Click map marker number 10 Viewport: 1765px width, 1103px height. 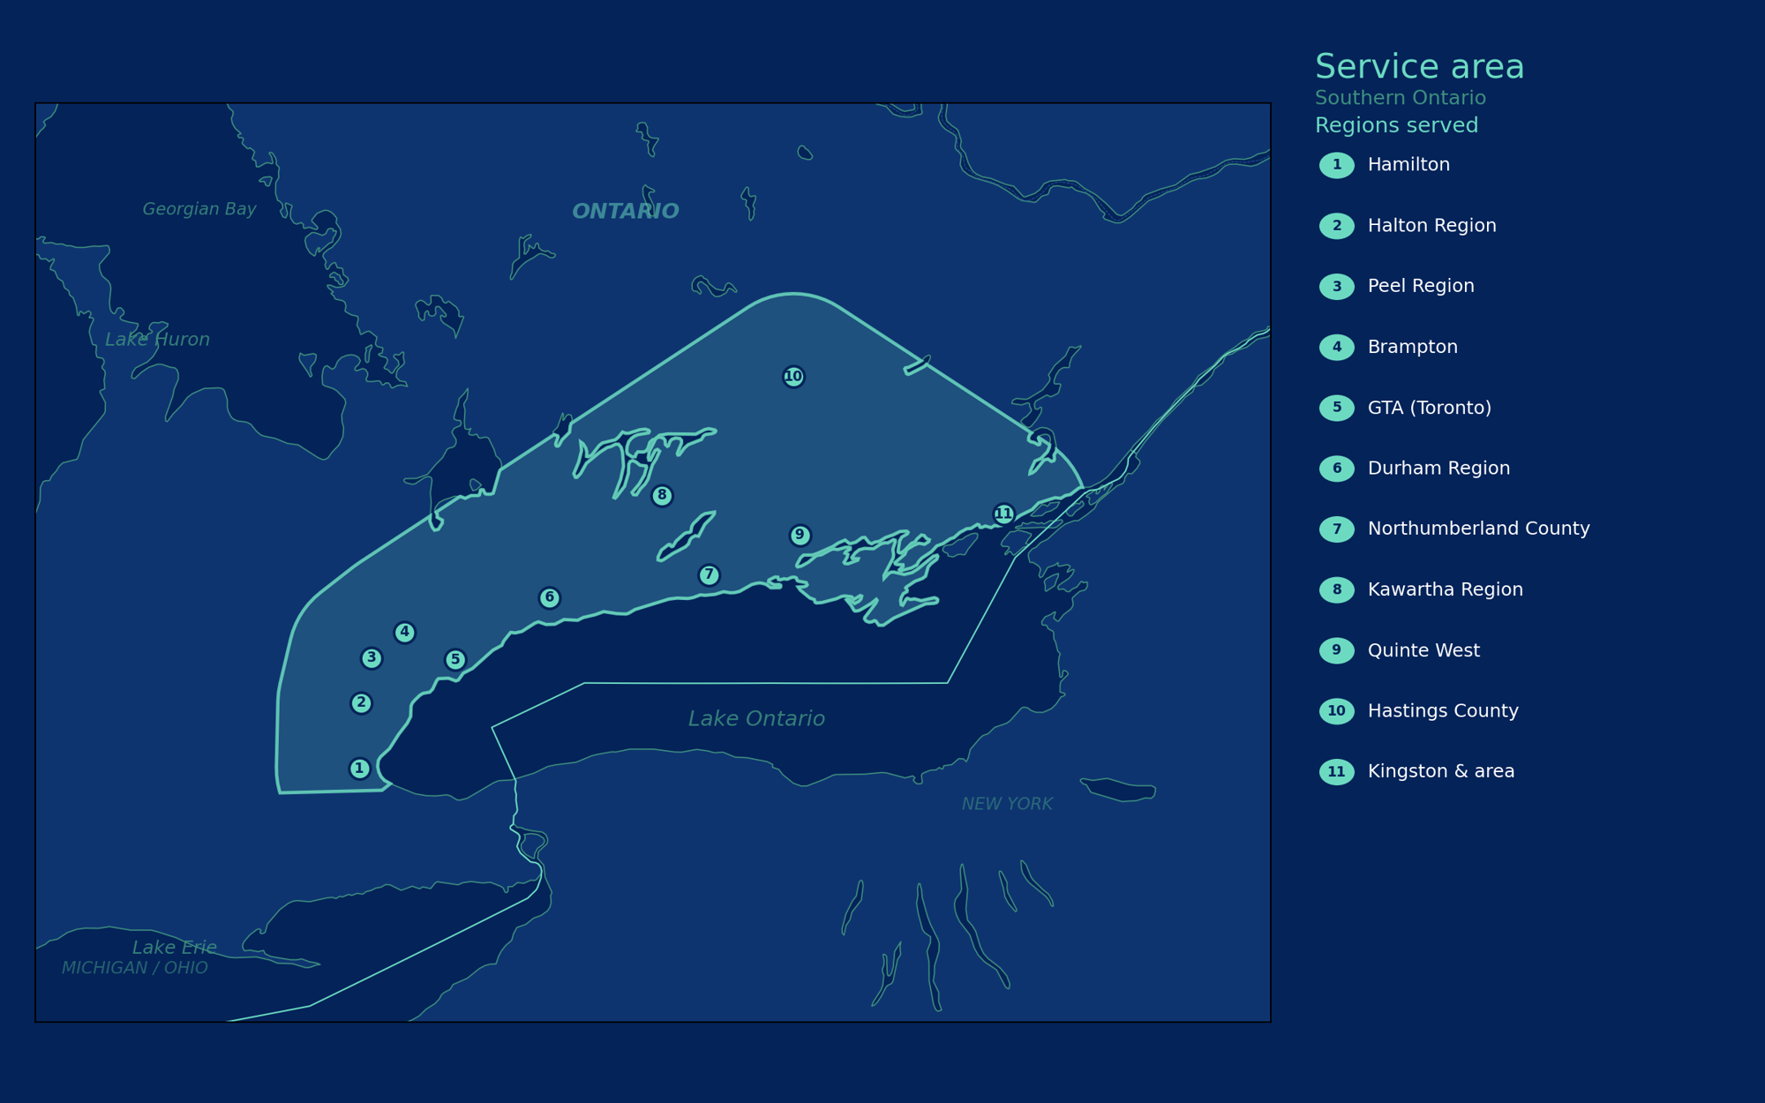point(793,377)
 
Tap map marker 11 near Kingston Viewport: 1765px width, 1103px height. point(1003,514)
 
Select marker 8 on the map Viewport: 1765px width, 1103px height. point(662,496)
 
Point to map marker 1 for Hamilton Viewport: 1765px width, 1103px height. point(359,769)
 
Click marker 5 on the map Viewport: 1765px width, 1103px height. point(455,659)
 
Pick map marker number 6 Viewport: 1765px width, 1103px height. point(550,598)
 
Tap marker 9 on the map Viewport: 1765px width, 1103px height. point(800,536)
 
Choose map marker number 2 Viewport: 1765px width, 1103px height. point(361,703)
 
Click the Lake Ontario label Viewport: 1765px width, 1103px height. point(756,719)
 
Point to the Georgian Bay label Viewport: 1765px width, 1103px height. point(199,209)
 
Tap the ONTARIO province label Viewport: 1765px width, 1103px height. point(625,212)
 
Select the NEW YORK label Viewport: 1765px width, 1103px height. point(1007,804)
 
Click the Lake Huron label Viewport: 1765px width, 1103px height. point(157,340)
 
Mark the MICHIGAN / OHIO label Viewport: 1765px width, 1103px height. point(135,968)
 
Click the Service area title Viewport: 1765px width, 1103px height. point(1419,67)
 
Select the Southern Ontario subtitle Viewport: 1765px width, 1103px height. point(1400,98)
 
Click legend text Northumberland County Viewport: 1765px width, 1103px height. point(1478,529)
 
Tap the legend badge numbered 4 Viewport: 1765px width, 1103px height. point(1336,348)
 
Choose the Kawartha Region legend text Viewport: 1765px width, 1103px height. point(1445,589)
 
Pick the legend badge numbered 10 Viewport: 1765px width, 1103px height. point(1336,711)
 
